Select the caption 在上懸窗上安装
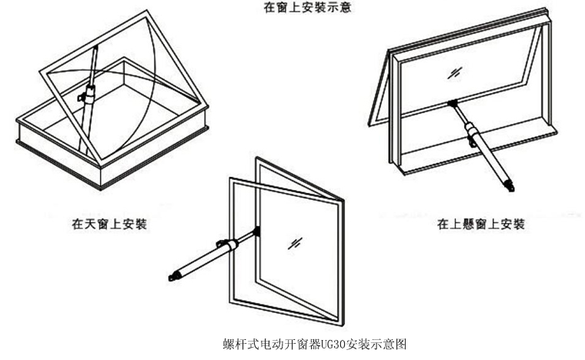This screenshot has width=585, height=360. [481, 225]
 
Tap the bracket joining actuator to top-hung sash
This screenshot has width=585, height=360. [453, 103]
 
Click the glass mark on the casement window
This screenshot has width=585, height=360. [295, 242]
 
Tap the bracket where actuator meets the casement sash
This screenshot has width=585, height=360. [256, 230]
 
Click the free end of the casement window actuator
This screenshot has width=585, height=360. [173, 275]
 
